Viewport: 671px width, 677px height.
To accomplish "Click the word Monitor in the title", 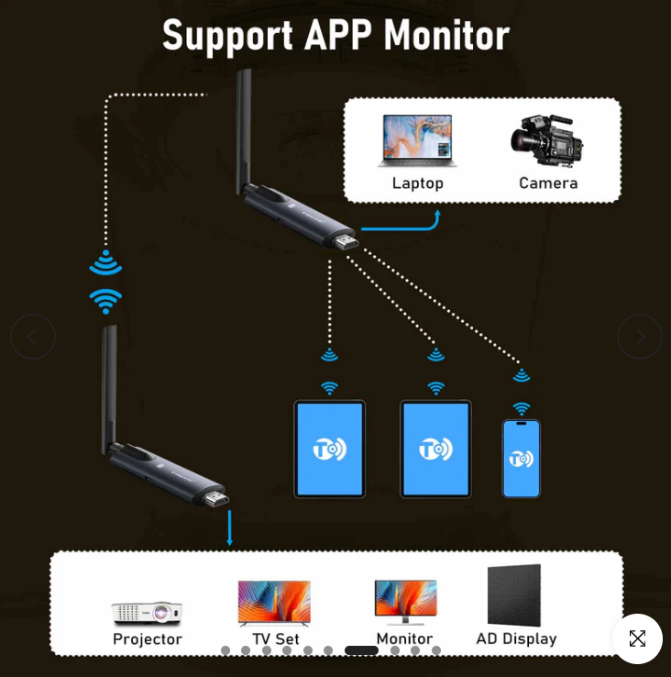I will click(446, 36).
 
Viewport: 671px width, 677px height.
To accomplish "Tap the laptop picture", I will click(416, 140).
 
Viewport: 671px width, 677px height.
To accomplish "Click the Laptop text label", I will click(417, 183).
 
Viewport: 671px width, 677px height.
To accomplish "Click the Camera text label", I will click(548, 183).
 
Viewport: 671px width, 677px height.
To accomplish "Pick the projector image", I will click(147, 612).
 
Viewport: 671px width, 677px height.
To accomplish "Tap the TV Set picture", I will click(274, 603).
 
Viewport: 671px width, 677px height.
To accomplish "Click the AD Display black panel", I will click(514, 595).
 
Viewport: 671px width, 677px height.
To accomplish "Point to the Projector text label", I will click(147, 639).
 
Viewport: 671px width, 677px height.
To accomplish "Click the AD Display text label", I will click(516, 638).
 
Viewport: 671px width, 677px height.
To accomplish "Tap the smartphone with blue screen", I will click(521, 459).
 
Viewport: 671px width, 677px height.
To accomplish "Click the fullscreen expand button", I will click(637, 638).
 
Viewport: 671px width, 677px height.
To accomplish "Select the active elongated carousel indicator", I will click(361, 650).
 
